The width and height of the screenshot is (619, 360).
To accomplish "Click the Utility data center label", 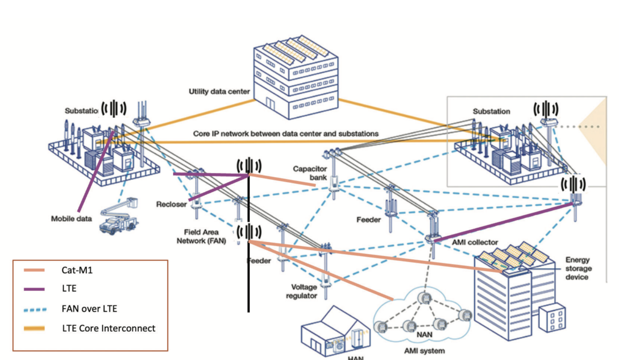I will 219,92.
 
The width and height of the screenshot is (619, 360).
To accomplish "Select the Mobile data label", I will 71,219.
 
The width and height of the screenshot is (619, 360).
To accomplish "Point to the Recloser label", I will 171,204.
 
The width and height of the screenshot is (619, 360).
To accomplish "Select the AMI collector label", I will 474,243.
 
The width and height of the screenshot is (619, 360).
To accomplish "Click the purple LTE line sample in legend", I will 38,289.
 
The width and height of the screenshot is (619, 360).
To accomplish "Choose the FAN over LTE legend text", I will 88,309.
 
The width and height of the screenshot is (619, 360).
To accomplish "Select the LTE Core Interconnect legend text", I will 108,327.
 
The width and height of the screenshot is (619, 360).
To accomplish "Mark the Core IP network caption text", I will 286,133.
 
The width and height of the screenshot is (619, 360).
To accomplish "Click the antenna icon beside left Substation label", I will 114,109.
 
